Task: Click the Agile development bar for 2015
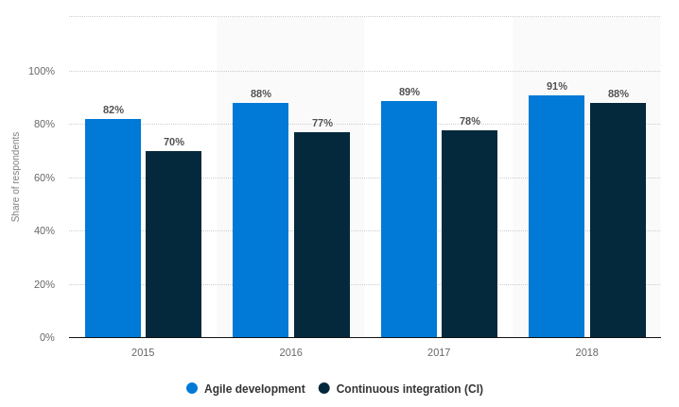tap(113, 228)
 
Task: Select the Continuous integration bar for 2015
tap(173, 244)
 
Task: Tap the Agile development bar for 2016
tap(260, 220)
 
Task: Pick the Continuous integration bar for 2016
tap(322, 234)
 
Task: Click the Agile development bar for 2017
tap(409, 219)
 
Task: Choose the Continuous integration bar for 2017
tap(469, 233)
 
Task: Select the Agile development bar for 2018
tap(556, 216)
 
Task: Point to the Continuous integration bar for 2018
tap(618, 220)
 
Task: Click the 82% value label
tap(113, 110)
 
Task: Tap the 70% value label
tap(174, 142)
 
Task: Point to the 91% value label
tap(557, 86)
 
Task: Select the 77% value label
tap(322, 123)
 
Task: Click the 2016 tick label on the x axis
tap(291, 352)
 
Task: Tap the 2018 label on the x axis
tap(587, 352)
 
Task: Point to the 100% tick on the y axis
tap(42, 71)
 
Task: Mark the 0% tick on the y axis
tap(46, 337)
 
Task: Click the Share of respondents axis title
tap(15, 177)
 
